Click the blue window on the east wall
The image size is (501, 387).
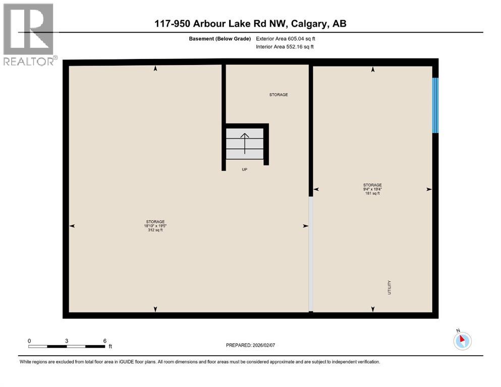coord(435,105)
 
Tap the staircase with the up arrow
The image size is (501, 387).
coord(245,144)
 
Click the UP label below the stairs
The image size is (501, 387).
coord(245,170)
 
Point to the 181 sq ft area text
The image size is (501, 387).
coord(372,193)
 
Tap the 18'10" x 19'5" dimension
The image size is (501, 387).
coord(155,226)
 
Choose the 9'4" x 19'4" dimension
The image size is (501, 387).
coord(372,189)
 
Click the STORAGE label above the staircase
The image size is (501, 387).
coord(278,95)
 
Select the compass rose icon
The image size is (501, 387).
coord(462,341)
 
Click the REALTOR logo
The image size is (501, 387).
coord(28,34)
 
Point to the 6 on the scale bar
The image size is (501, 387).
coord(104,341)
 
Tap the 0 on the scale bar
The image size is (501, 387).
coord(29,341)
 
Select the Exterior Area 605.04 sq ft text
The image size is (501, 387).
coord(285,38)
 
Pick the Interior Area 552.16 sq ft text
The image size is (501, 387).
coord(285,47)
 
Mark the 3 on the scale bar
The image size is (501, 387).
coord(67,341)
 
